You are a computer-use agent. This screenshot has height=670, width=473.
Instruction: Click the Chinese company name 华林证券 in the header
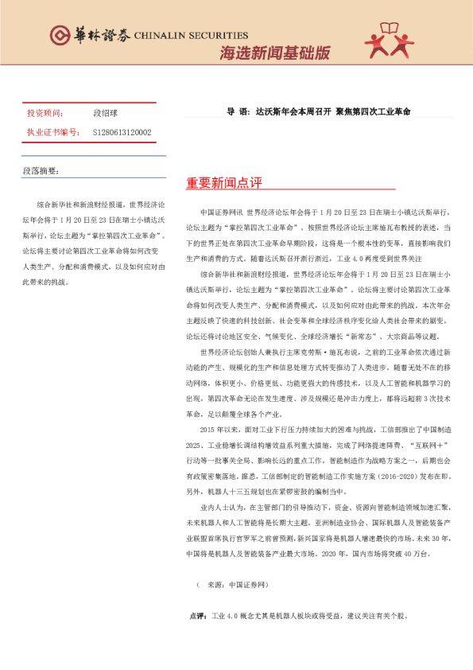coord(98,35)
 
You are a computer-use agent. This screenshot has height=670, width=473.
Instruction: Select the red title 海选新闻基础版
coord(274,54)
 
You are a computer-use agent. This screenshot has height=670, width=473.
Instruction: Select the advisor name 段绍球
coord(105,114)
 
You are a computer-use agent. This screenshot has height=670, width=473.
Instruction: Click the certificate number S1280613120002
coord(122,132)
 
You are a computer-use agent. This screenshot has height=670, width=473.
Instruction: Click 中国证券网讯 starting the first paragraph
coord(223,213)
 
